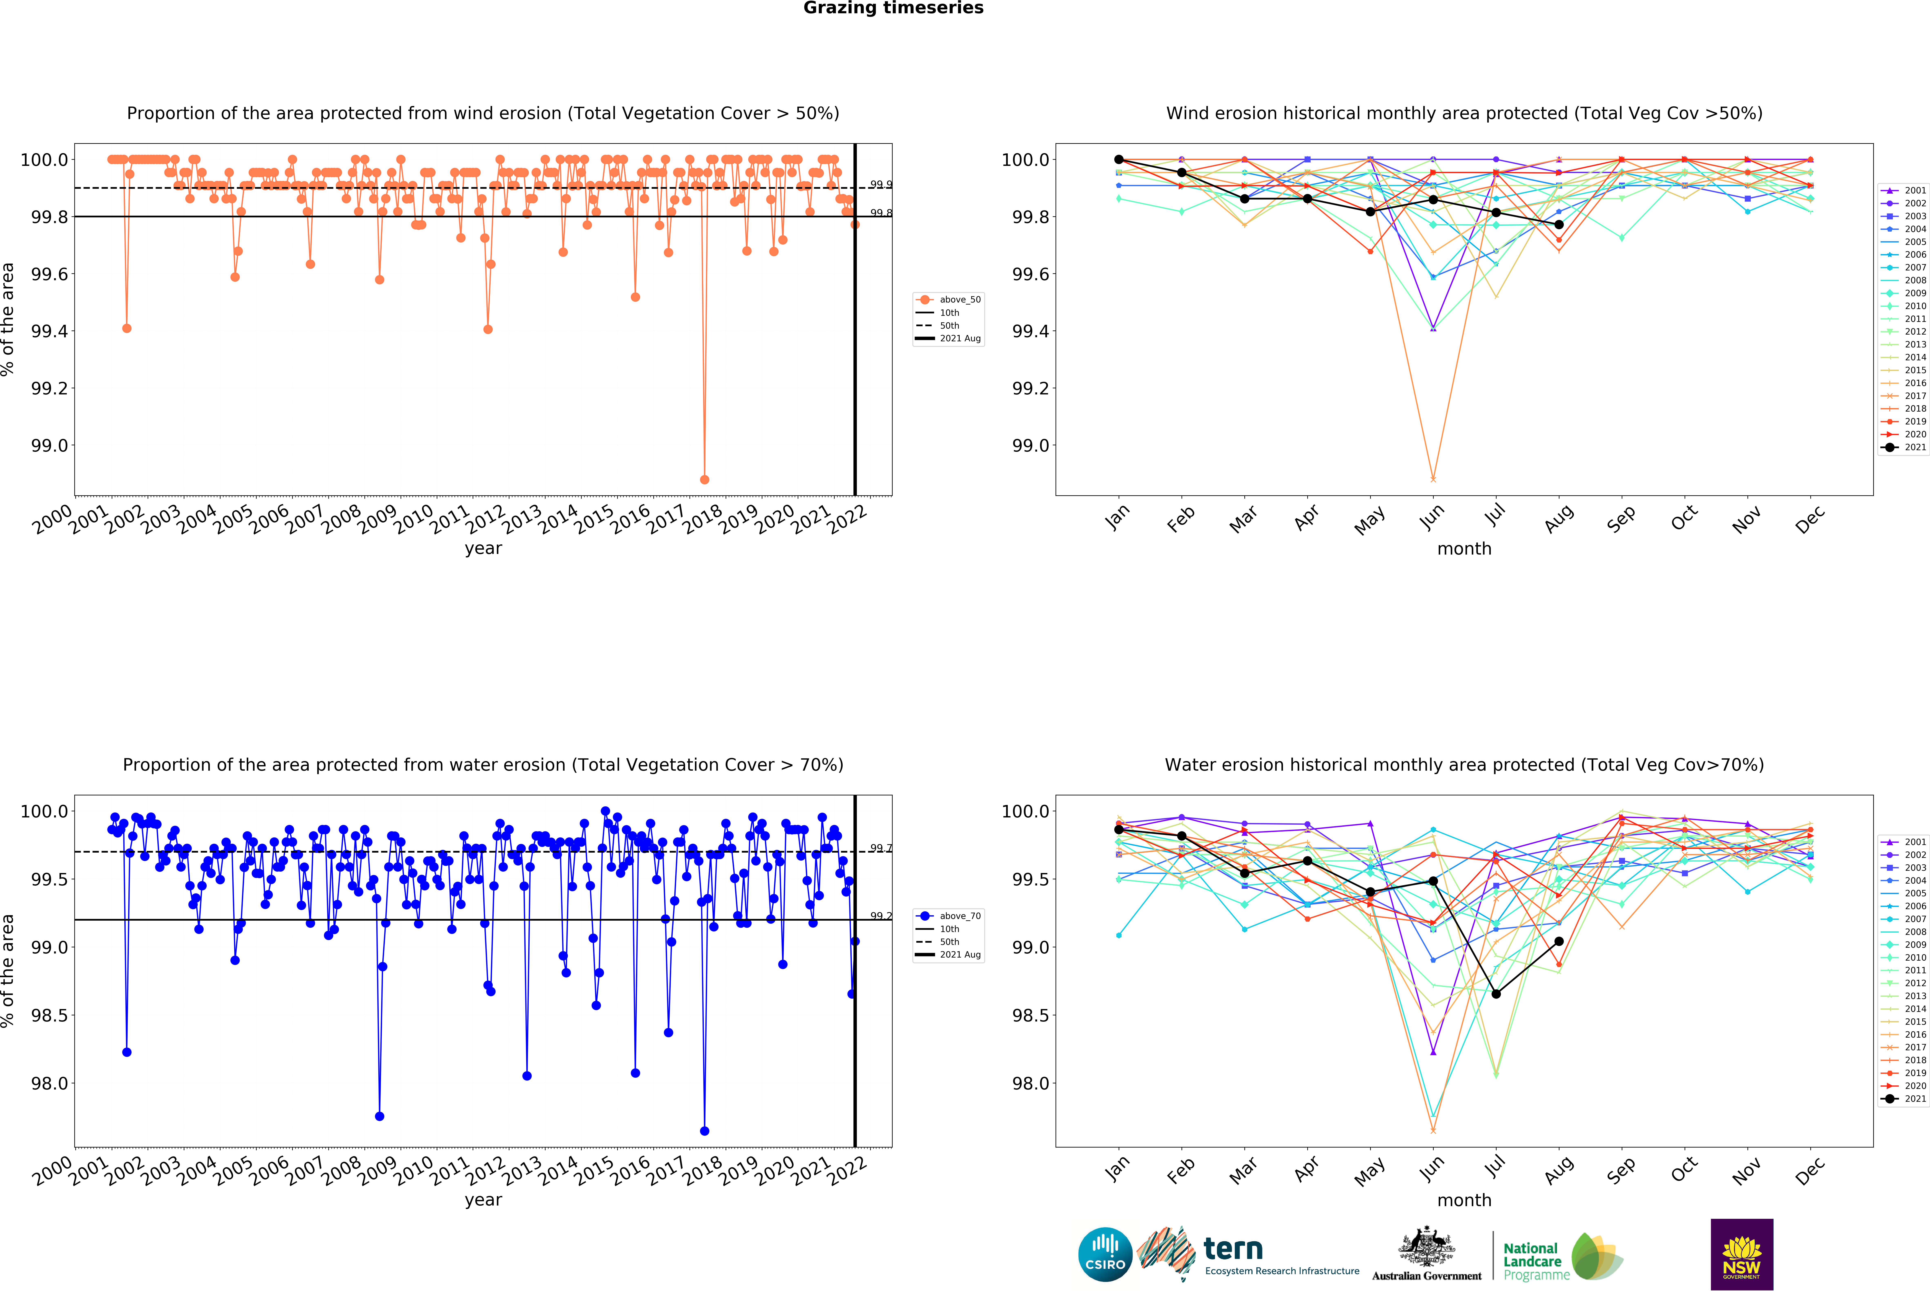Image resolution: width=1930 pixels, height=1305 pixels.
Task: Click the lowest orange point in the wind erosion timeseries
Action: click(704, 479)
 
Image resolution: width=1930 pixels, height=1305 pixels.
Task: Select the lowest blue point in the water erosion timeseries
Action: click(704, 1131)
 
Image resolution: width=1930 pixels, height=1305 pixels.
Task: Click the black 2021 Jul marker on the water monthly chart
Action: click(1496, 994)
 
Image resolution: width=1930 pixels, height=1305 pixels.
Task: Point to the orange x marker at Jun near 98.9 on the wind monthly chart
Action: click(1433, 479)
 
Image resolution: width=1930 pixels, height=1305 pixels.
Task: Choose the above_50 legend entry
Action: click(948, 299)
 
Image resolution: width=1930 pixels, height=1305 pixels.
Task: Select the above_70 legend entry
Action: click(948, 915)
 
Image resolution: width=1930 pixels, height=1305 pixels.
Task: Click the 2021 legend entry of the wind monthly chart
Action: click(1903, 447)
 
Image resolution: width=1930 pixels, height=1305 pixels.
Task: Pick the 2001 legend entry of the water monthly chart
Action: click(1903, 842)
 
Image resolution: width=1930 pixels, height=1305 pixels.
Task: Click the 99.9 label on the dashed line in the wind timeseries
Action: click(881, 184)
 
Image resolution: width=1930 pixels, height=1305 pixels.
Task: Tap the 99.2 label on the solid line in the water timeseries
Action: click(881, 915)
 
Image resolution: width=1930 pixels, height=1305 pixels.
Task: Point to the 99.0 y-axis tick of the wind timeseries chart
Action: click(50, 445)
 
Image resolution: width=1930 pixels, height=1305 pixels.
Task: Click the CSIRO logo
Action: click(1105, 1254)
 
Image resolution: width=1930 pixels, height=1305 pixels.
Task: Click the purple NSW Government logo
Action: click(1742, 1254)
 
